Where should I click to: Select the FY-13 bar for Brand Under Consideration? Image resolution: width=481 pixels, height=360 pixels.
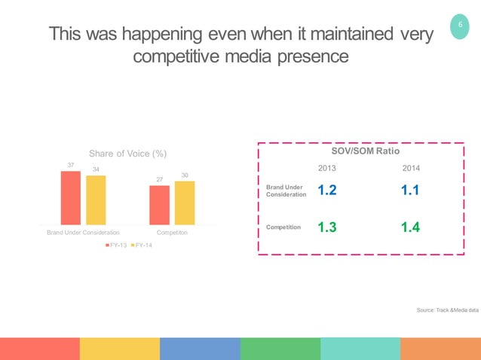coord(70,197)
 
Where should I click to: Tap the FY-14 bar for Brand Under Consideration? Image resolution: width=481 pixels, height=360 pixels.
coord(96,200)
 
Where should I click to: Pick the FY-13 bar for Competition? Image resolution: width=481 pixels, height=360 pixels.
coord(159,204)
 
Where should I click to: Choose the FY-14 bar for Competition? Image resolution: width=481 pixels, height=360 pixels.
coord(185,202)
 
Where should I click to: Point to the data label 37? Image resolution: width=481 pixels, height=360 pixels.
coord(70,164)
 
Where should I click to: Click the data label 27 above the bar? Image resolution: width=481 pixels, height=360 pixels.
coord(159,179)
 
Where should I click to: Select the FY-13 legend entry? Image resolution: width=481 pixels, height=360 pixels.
coord(117,246)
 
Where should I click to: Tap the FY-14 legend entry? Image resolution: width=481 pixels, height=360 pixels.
coord(141,246)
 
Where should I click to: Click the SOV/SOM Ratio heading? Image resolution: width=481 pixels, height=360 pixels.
coord(361,151)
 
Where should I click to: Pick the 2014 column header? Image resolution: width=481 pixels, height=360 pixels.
coord(411,168)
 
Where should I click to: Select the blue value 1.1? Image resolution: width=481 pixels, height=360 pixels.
coord(411,191)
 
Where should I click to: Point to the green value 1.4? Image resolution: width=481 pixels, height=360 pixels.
coord(411,227)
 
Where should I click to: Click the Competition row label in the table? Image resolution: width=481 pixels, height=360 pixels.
coord(283,226)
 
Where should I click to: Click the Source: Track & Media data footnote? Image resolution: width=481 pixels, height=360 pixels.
coord(447,310)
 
